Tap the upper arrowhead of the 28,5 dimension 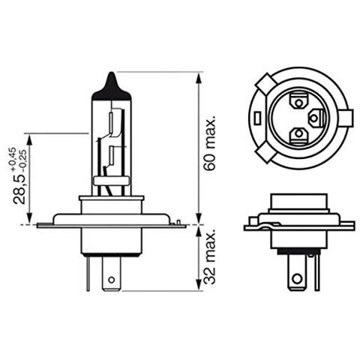(28, 138)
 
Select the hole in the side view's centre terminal (111, 281)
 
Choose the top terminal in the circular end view (298, 99)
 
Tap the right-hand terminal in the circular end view (316, 118)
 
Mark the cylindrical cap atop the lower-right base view (298, 202)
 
